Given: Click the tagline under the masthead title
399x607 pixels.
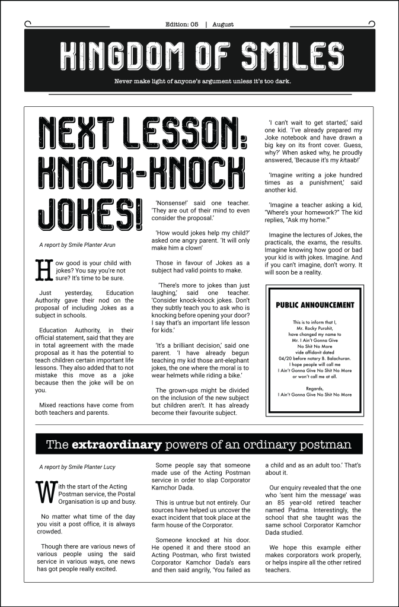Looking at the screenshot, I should tap(199, 81).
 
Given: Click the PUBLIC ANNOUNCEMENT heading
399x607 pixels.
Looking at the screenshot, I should tap(315, 305).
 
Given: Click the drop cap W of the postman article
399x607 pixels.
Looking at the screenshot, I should tap(44, 490).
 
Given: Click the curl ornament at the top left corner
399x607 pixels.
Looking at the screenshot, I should tap(28, 24).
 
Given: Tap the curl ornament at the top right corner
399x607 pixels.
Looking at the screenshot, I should tap(371, 24).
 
